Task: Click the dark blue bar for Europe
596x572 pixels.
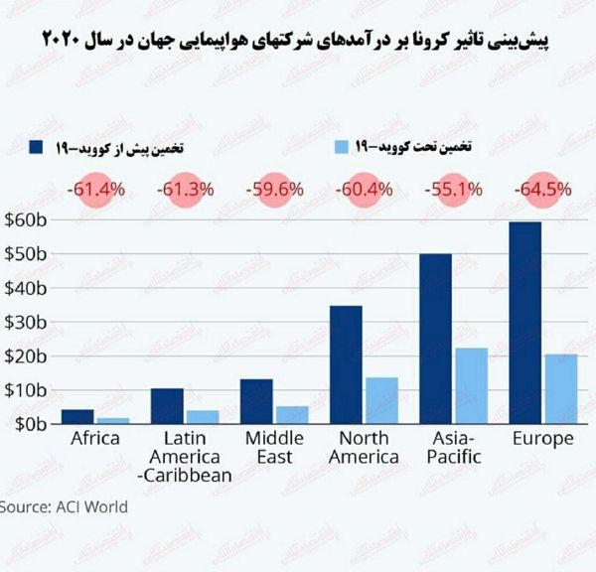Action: (525, 323)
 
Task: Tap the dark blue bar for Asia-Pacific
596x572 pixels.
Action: (435, 339)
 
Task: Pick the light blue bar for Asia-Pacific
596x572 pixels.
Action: (470, 385)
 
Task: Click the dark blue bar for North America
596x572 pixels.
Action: (345, 364)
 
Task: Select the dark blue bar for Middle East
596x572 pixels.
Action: (255, 401)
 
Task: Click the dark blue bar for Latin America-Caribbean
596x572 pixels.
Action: (166, 405)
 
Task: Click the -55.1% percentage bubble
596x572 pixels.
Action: (453, 189)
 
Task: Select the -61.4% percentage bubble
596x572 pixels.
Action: (95, 189)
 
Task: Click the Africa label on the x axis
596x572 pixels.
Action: (95, 438)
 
